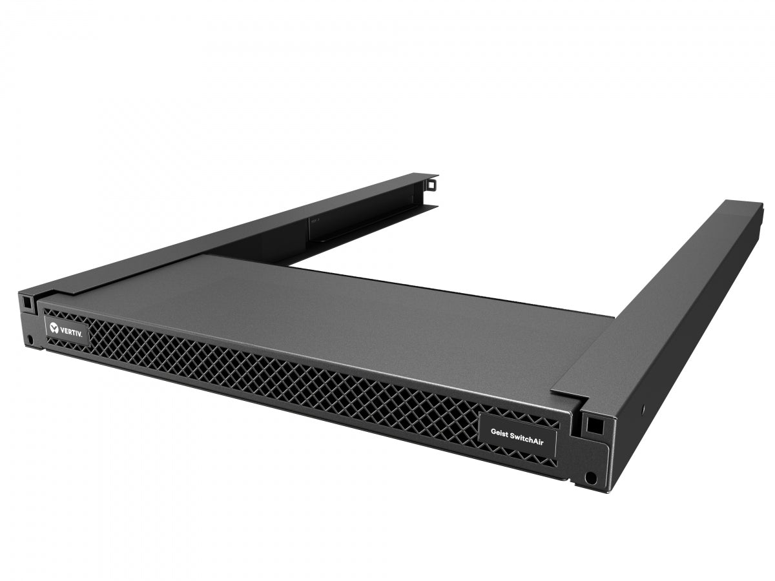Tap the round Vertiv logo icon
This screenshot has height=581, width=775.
[x=54, y=326]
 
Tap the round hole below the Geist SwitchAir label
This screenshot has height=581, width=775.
[x=589, y=478]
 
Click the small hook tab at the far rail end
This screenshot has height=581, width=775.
[x=431, y=185]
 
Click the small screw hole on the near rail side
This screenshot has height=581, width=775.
[x=643, y=407]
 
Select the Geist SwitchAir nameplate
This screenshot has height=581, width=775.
[x=517, y=436]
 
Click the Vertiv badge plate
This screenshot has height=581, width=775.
[x=66, y=328]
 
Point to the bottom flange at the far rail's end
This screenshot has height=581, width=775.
[x=413, y=208]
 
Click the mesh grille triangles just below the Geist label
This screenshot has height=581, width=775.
[x=517, y=460]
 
